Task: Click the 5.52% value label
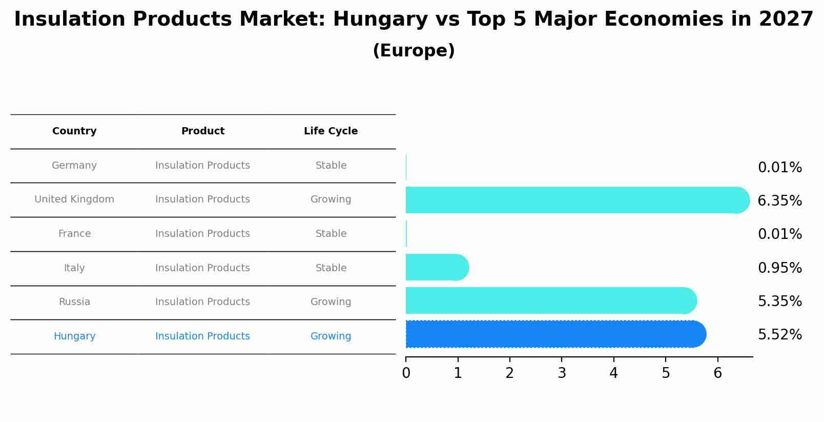(x=779, y=335)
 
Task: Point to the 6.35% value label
(x=779, y=201)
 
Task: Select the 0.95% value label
(x=779, y=268)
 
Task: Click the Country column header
(x=74, y=131)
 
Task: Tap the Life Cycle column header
(x=331, y=131)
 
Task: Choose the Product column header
(x=202, y=131)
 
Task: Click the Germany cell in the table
(x=74, y=166)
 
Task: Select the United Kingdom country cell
(x=74, y=199)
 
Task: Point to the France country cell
(x=74, y=234)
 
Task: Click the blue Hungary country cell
(x=74, y=336)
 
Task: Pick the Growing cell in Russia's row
(x=331, y=302)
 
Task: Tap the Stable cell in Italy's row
(x=331, y=268)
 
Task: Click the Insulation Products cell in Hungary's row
(x=202, y=336)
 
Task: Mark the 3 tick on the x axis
(x=562, y=373)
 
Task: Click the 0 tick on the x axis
(x=406, y=373)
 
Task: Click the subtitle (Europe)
(x=414, y=51)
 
